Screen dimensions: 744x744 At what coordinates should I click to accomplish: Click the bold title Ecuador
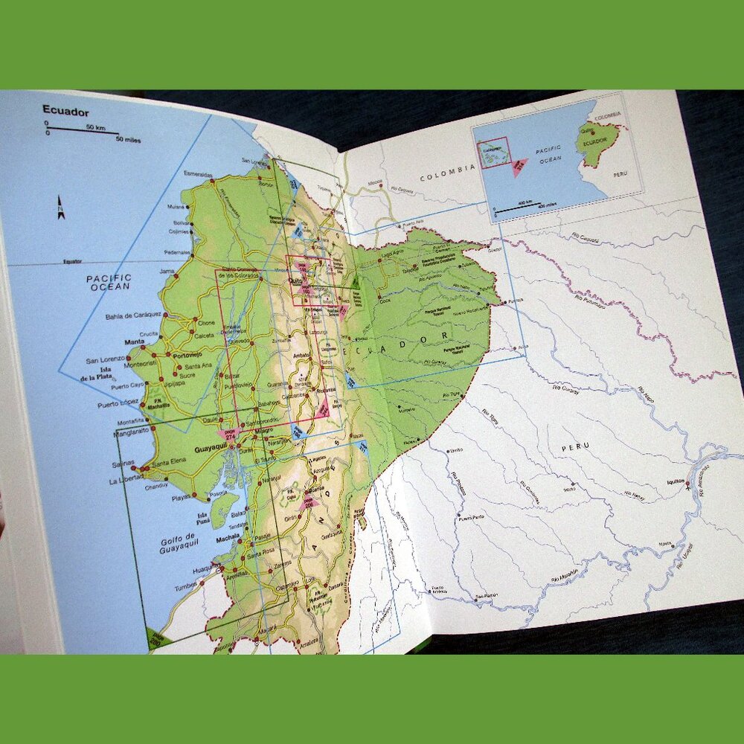tap(65, 112)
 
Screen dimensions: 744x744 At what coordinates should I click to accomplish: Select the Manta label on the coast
tap(134, 342)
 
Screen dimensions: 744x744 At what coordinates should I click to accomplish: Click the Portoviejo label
tap(187, 356)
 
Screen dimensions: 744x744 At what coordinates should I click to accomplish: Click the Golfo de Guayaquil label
tap(178, 540)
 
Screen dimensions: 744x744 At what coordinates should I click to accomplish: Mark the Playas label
tap(182, 498)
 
